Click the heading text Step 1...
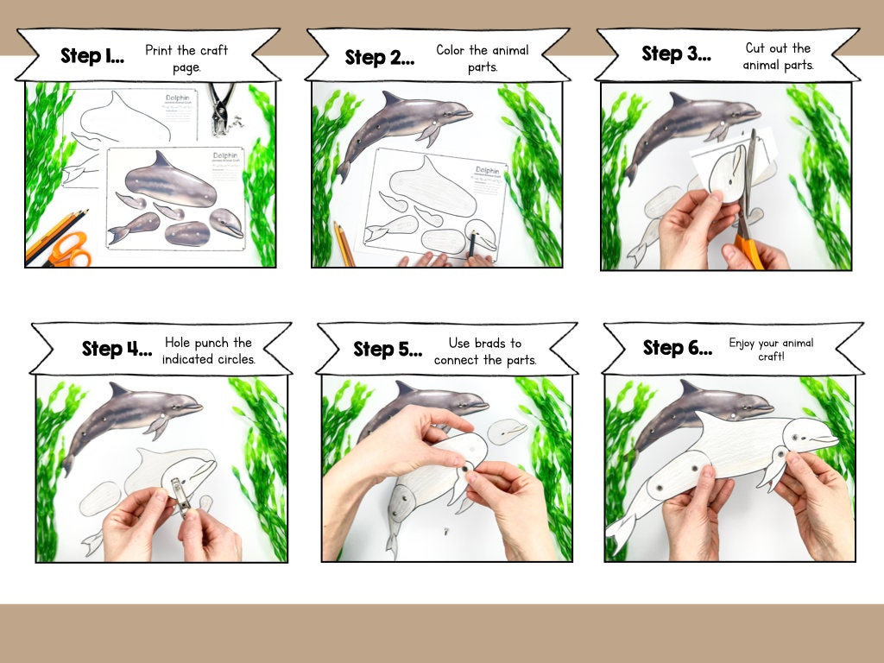(x=92, y=57)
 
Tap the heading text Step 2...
(x=379, y=58)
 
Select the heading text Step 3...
(x=675, y=54)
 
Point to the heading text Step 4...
(x=117, y=349)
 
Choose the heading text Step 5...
(x=388, y=350)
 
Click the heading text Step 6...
(x=678, y=348)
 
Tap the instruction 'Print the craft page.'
(x=186, y=59)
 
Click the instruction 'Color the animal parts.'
(x=483, y=58)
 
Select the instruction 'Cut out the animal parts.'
(x=778, y=56)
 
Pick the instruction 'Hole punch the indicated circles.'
(x=209, y=350)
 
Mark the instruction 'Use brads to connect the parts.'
(x=485, y=351)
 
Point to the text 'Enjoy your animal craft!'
(x=771, y=349)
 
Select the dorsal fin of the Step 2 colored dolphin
(x=394, y=98)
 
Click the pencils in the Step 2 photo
(x=343, y=244)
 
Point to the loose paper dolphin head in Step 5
(x=507, y=431)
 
